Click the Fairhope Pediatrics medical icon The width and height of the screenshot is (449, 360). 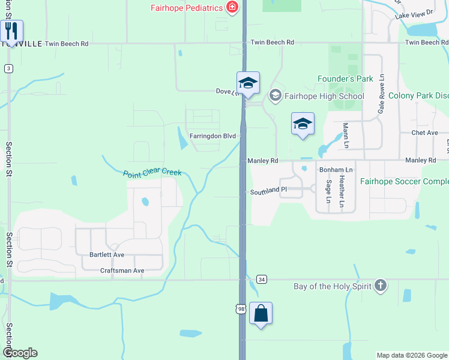(232, 8)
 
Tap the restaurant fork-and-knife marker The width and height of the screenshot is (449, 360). (11, 30)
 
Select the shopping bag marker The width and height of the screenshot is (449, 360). (261, 313)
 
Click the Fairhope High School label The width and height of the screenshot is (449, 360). (325, 96)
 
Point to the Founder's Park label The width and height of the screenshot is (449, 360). (345, 79)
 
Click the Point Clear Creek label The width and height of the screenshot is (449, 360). (152, 173)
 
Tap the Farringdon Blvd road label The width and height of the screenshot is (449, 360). (212, 136)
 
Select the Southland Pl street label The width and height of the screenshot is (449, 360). (269, 190)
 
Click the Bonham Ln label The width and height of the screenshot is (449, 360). (336, 170)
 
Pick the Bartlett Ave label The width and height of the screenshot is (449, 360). (107, 255)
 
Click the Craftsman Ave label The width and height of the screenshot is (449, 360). (122, 271)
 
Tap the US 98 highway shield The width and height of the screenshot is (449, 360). (241, 308)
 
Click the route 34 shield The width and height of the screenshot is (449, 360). (261, 280)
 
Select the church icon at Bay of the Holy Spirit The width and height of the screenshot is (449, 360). (380, 286)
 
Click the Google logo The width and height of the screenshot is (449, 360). (20, 353)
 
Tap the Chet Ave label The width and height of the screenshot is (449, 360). (425, 133)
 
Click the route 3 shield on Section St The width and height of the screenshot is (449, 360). (8, 68)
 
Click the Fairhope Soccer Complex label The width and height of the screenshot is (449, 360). (404, 181)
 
